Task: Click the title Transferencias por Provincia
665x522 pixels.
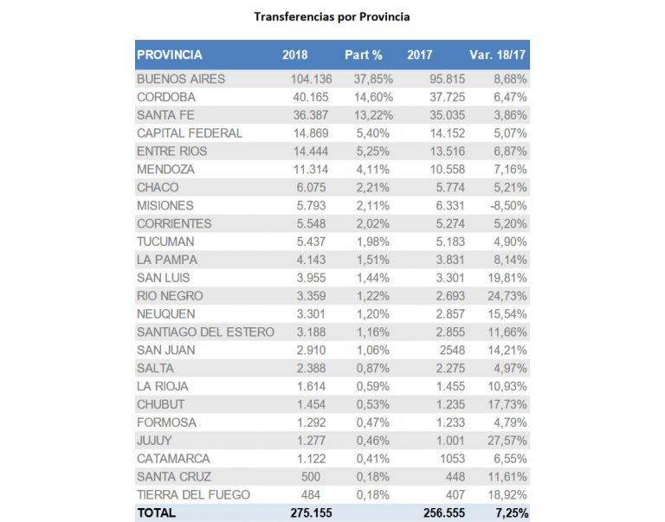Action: click(x=332, y=16)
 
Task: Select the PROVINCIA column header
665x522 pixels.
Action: click(x=170, y=55)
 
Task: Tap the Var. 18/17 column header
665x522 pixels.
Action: click(x=498, y=55)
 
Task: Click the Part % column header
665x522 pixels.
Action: click(x=364, y=55)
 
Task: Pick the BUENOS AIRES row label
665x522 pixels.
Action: click(x=181, y=79)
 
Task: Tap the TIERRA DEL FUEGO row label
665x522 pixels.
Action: click(x=194, y=494)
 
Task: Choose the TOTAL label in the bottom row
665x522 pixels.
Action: click(x=157, y=512)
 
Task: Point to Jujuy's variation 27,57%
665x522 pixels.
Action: click(x=506, y=440)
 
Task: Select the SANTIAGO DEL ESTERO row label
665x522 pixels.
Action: click(x=205, y=332)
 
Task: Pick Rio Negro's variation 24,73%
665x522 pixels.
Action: click(x=506, y=295)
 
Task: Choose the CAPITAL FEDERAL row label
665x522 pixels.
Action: click(x=190, y=133)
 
